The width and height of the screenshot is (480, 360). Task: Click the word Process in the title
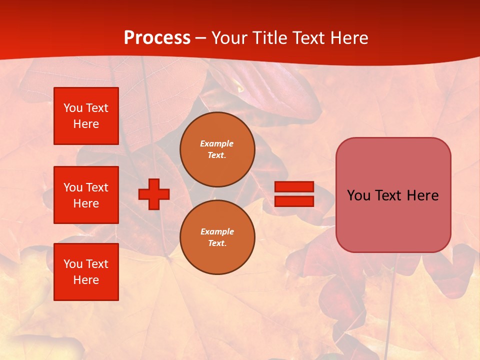[x=157, y=38]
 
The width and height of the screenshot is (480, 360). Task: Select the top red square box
[x=86, y=116]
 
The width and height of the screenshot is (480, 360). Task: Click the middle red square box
[x=86, y=195]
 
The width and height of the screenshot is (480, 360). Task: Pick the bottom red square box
[x=86, y=272]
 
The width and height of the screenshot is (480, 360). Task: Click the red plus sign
[x=154, y=194]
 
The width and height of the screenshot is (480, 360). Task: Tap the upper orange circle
[x=217, y=149]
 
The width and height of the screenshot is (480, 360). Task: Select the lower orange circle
[x=217, y=237]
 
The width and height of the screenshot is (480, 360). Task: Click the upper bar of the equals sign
[x=294, y=186]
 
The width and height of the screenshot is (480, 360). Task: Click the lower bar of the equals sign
[x=294, y=201]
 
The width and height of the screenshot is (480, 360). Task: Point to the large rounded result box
[x=393, y=195]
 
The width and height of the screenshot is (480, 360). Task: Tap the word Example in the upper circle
[x=216, y=143]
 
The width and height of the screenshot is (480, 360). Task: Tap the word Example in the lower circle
[x=217, y=231]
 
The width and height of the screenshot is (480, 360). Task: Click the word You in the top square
[x=73, y=108]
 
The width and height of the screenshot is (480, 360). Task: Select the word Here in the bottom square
[x=86, y=280]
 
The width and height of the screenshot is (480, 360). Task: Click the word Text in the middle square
[x=97, y=187]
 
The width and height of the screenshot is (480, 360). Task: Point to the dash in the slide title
[x=201, y=38]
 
